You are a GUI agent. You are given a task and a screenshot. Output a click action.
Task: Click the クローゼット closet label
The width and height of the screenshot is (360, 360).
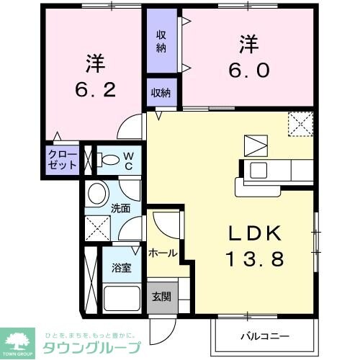tap(63, 159)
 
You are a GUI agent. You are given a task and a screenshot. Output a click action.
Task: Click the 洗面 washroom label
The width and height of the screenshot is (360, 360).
tap(120, 210)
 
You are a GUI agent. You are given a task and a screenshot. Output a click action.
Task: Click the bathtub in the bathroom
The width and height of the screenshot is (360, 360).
tap(123, 297)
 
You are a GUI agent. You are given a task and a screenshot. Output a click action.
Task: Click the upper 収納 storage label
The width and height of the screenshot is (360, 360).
tap(163, 41)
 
